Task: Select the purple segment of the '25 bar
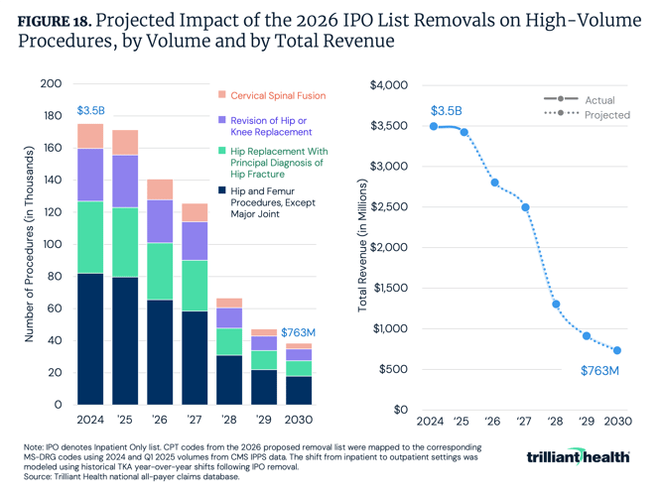tap(125, 181)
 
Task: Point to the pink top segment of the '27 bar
tap(195, 212)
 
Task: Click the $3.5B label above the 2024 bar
tap(89, 110)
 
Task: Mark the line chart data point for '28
tap(556, 305)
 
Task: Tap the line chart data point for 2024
tap(434, 126)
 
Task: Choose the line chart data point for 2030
tap(617, 350)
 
